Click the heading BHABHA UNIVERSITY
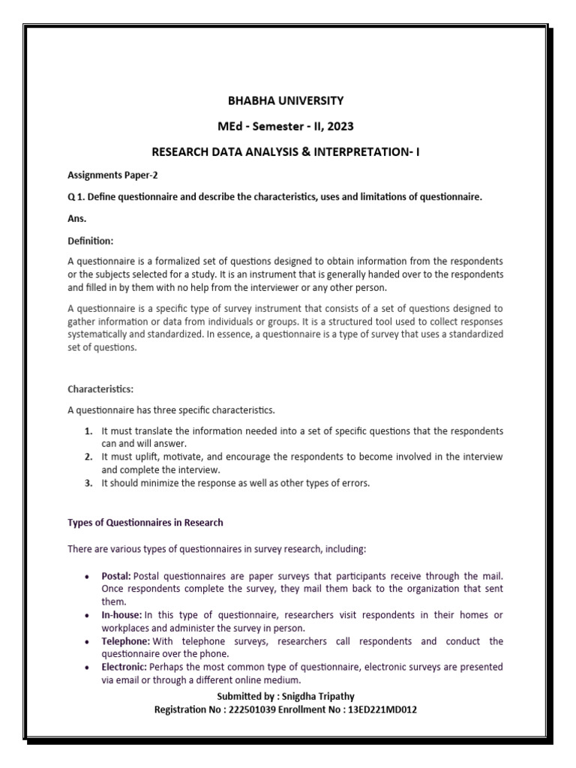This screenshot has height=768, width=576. pos(286,100)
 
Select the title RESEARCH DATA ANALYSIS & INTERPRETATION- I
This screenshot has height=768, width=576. pos(286,151)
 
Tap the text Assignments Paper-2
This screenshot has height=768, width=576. pos(113,175)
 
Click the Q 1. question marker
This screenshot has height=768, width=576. pos(78,196)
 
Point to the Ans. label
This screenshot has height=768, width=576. pos(77,219)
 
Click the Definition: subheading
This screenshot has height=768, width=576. pos(91,241)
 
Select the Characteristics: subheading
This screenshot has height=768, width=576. pos(101,389)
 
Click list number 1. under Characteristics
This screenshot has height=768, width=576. pos(88,432)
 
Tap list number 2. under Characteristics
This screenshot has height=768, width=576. pos(88,456)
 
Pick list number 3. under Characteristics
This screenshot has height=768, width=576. pos(88,483)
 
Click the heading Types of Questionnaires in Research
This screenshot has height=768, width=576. pos(145,522)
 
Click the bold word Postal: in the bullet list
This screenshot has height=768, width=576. pos(117,575)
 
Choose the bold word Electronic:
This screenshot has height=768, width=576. pos(124,667)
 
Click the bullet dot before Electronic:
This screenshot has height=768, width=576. pos(89,667)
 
